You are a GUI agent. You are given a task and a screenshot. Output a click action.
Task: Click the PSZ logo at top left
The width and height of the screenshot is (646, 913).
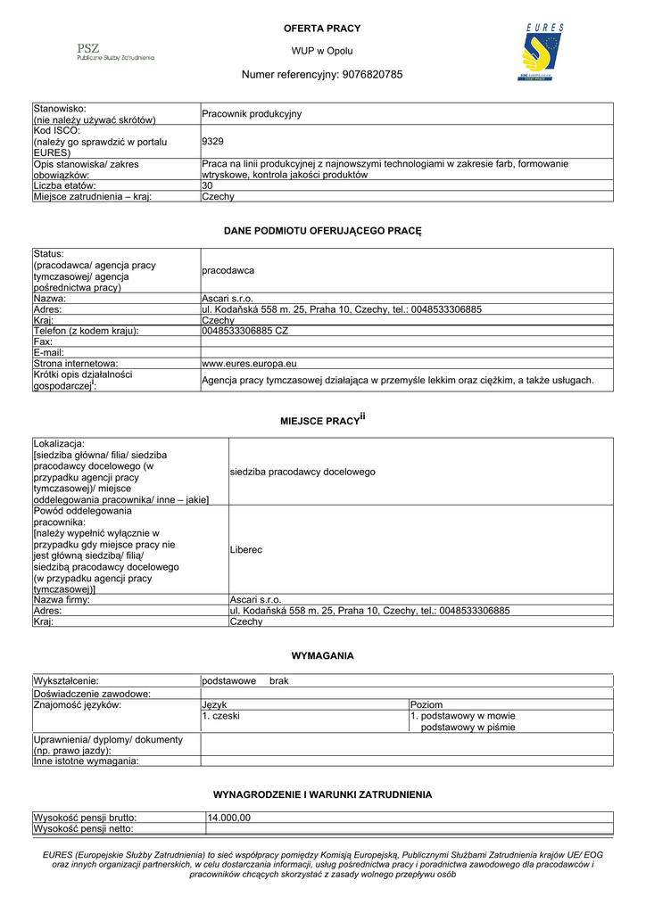click(x=115, y=52)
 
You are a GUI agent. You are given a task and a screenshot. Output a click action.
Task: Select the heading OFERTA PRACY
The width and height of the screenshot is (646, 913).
click(x=322, y=29)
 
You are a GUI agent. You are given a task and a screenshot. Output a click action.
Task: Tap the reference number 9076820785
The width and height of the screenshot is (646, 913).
click(x=374, y=74)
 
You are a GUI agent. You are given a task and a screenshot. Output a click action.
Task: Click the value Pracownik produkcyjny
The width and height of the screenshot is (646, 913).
click(x=252, y=114)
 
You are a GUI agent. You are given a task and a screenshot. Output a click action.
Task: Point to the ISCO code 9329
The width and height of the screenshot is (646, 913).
click(x=213, y=141)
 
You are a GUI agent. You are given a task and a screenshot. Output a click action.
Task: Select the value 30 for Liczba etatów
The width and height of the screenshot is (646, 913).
click(x=208, y=185)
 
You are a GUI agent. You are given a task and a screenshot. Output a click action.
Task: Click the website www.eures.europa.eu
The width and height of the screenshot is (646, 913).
click(x=249, y=364)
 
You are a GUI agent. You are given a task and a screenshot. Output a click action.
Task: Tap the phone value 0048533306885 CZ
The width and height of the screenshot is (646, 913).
click(x=245, y=331)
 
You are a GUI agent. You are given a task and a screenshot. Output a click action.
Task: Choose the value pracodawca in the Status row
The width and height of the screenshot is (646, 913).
click(x=228, y=270)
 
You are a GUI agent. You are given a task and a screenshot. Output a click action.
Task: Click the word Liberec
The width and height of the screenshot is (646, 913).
click(x=246, y=550)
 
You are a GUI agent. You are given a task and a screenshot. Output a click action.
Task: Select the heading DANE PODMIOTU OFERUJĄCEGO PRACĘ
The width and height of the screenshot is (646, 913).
click(x=322, y=231)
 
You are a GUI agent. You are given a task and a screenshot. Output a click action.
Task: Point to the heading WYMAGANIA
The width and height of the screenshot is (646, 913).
click(x=322, y=655)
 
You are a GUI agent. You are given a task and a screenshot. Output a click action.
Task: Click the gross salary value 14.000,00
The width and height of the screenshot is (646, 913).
click(x=229, y=818)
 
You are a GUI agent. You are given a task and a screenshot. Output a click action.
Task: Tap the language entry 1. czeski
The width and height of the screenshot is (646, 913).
click(x=220, y=715)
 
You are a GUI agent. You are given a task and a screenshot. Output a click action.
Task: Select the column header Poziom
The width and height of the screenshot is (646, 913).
click(x=427, y=704)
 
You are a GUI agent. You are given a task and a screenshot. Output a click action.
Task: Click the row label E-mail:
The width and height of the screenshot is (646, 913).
click(x=50, y=353)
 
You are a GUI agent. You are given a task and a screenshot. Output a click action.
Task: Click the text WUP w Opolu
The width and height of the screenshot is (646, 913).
click(x=322, y=52)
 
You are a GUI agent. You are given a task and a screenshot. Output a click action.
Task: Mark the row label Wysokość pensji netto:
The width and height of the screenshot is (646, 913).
click(x=83, y=829)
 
